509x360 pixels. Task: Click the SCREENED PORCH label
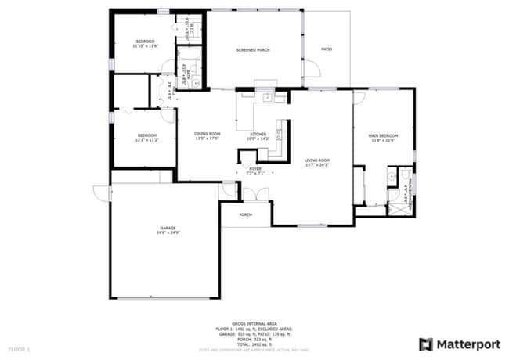[x=253, y=50]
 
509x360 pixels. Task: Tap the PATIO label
[x=327, y=50]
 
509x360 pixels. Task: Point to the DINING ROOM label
[x=208, y=134]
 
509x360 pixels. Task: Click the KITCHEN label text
[x=258, y=134]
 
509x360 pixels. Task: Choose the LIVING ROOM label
[x=317, y=160]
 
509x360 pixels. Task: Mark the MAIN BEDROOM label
[x=384, y=136]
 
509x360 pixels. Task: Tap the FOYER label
[x=255, y=168]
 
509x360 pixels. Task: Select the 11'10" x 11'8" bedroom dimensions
[x=146, y=46]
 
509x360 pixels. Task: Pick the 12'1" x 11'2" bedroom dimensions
[x=146, y=140]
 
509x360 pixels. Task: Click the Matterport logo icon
[x=426, y=344]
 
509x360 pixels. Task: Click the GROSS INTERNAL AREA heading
[x=254, y=323]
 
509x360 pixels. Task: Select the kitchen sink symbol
[x=267, y=97]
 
